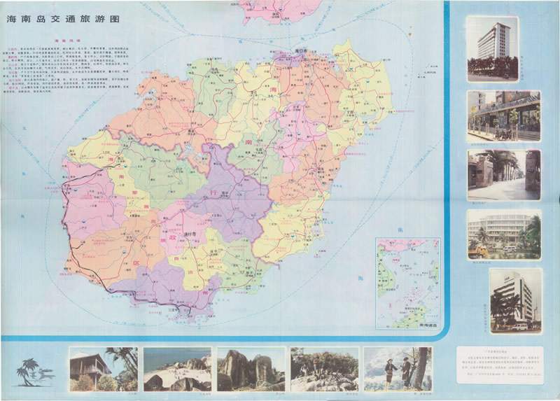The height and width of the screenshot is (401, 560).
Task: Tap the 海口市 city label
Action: pos(302,51)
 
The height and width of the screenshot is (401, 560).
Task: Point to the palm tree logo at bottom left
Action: pos(31,371)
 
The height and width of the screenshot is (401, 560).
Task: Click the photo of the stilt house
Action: pos(104,369)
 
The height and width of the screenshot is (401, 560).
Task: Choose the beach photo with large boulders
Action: pos(176,369)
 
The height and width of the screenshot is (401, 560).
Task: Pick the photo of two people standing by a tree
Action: pos(398,369)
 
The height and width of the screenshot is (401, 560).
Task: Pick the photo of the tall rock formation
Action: pos(251,369)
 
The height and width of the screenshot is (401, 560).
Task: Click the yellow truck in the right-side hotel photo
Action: pos(483,249)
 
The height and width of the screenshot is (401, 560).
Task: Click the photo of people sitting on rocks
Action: pos(324,369)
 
